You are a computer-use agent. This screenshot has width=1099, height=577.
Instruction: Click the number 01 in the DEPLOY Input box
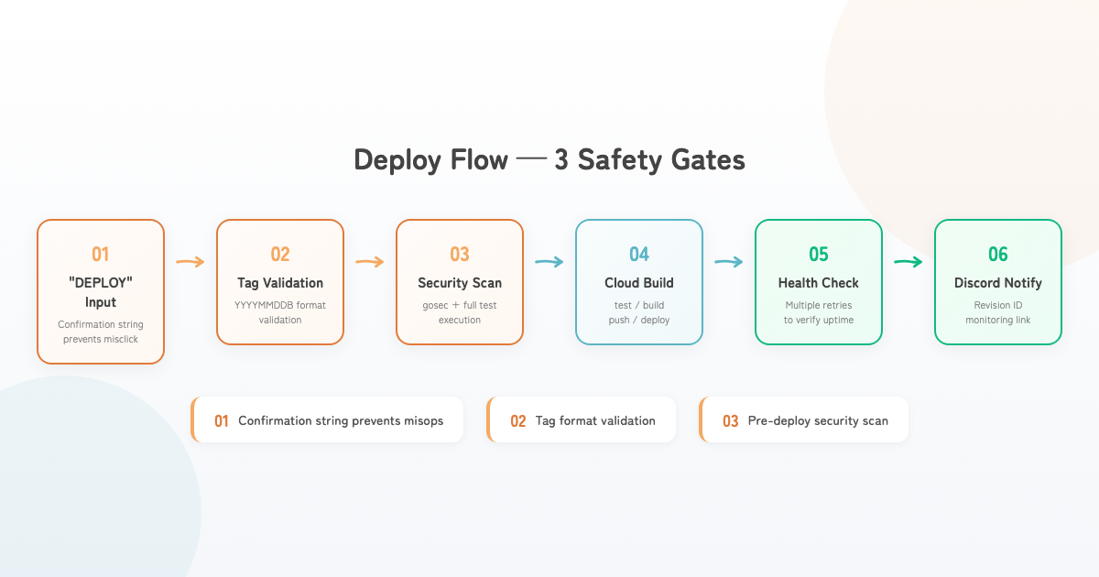click(x=101, y=255)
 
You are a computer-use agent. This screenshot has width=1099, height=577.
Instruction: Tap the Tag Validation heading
click(x=280, y=283)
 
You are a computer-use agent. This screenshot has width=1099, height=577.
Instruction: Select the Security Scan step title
click(x=460, y=283)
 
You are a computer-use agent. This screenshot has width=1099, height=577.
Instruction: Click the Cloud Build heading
click(x=639, y=283)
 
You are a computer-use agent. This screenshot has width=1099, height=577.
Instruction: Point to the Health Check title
click(x=819, y=283)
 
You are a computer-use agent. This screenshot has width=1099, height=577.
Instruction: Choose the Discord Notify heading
click(x=998, y=283)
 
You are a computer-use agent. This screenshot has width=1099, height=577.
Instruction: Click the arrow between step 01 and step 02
click(x=190, y=262)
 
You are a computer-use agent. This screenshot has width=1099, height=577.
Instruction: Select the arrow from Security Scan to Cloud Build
click(x=549, y=262)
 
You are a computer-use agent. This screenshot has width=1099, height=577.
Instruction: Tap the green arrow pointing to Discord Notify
click(x=909, y=262)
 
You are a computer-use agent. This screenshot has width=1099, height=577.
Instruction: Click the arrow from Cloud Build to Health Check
click(x=729, y=262)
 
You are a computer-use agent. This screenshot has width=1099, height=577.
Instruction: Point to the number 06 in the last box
click(x=998, y=255)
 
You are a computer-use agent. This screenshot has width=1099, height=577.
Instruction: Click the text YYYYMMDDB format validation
click(x=280, y=312)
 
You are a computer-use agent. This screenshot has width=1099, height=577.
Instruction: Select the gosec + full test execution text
click(x=460, y=312)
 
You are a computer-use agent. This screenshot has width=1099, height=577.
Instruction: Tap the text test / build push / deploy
click(x=639, y=312)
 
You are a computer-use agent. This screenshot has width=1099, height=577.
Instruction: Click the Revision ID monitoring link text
click(x=998, y=312)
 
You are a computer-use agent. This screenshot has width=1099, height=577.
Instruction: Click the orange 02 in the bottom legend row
click(x=518, y=421)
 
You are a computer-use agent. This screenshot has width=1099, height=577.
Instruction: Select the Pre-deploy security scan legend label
click(x=817, y=421)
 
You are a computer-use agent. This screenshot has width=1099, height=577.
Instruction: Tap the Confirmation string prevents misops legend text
click(x=341, y=421)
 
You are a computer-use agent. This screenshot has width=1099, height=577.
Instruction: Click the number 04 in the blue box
click(x=639, y=255)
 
